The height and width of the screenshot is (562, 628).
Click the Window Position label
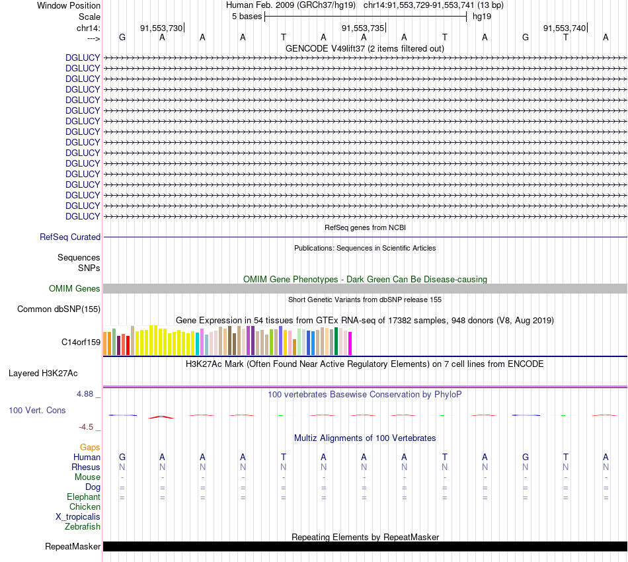(x=69, y=5)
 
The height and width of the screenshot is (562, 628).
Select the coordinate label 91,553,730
(x=161, y=28)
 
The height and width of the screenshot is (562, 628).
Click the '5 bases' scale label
(x=247, y=17)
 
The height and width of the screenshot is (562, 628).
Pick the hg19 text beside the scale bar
(x=481, y=17)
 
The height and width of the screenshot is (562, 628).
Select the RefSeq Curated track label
(x=70, y=237)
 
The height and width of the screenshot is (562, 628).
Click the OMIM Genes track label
(x=75, y=288)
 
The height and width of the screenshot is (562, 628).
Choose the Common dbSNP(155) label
(x=59, y=309)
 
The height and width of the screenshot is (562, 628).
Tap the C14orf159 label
(x=81, y=342)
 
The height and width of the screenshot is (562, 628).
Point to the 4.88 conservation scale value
(x=88, y=394)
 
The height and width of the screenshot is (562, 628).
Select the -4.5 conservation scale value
(x=90, y=427)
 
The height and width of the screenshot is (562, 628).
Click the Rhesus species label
(x=86, y=467)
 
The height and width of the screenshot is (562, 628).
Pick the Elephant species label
(x=83, y=497)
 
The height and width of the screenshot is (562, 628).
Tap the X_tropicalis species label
(x=78, y=516)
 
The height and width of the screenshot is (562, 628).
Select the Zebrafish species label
(x=83, y=526)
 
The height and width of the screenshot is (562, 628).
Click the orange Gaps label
(x=90, y=447)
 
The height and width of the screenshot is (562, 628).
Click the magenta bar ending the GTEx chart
(x=350, y=343)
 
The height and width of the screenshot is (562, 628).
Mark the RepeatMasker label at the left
(x=73, y=546)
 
